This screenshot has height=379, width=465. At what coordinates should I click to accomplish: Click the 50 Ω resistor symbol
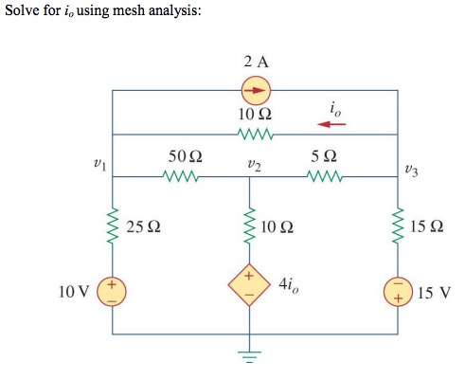pyautogui.click(x=183, y=176)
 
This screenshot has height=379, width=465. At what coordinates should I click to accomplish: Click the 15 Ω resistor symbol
pyautogui.click(x=396, y=227)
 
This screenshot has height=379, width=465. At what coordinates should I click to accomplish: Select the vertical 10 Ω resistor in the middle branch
pyautogui.click(x=252, y=227)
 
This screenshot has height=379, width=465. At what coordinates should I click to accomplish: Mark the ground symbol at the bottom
pyautogui.click(x=252, y=359)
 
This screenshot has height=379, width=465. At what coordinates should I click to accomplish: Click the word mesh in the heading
pyautogui.click(x=132, y=15)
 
